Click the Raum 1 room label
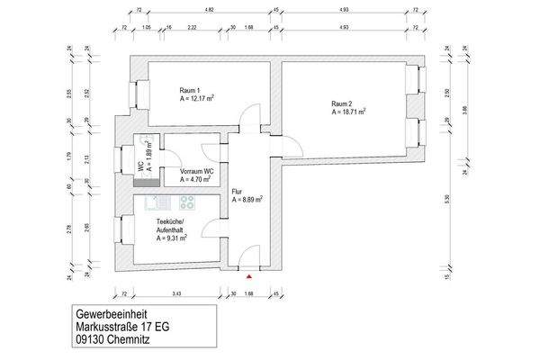pos(189,90)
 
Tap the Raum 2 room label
pos(342,103)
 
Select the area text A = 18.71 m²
pos(351,113)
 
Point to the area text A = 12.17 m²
pos(197,99)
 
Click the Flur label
pos(237,191)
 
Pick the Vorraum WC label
pos(196,171)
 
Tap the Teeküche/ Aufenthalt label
pos(171,226)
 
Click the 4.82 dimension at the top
pos(209,9)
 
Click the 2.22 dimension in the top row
pos(193,29)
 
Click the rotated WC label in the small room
pos(140,166)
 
